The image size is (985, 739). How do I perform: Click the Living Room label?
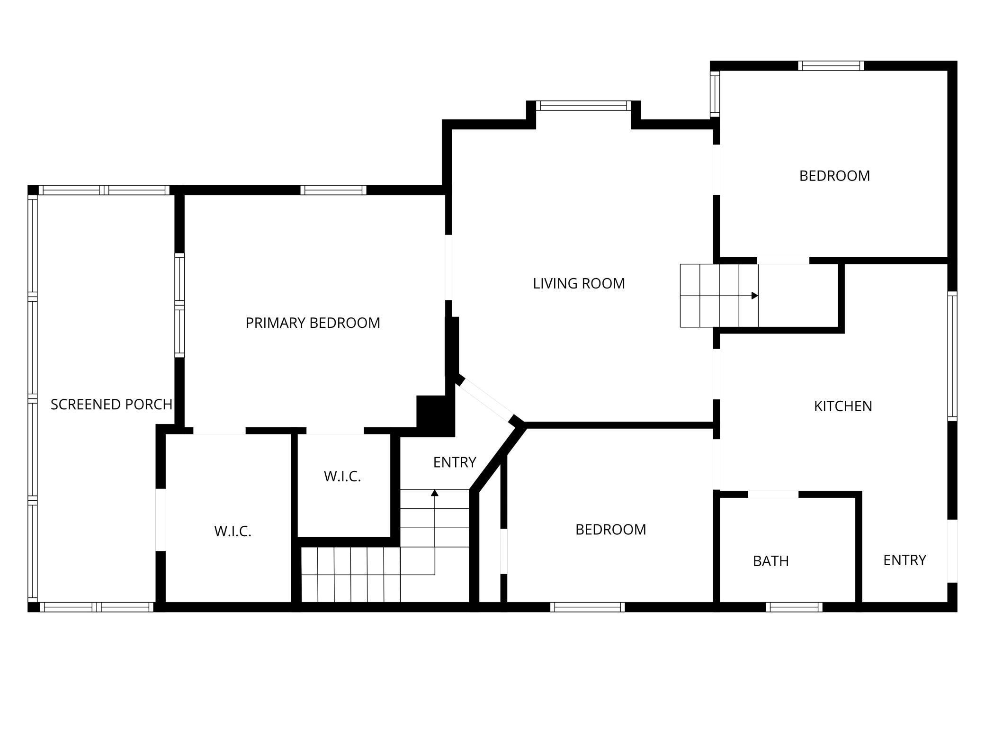click(x=579, y=283)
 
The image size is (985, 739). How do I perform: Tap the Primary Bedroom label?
click(x=313, y=323)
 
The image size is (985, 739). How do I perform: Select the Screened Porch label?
click(x=111, y=404)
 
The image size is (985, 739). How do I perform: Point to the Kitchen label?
click(x=843, y=406)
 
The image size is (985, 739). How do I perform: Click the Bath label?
click(x=771, y=561)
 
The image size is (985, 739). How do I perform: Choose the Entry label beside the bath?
click(x=904, y=560)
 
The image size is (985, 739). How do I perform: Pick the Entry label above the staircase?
click(x=455, y=462)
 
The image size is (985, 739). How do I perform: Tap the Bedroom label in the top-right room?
click(x=834, y=176)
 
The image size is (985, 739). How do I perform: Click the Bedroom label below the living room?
click(x=610, y=529)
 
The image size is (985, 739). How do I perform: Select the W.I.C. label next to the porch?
click(x=233, y=531)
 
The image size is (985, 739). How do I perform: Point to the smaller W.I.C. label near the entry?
click(x=342, y=476)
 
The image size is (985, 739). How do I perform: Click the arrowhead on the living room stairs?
click(x=755, y=296)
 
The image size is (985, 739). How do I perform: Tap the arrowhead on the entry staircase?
click(x=435, y=493)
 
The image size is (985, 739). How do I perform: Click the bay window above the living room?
click(x=583, y=106)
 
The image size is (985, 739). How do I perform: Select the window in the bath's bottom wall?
click(x=794, y=607)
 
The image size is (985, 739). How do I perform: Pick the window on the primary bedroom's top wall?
click(x=333, y=190)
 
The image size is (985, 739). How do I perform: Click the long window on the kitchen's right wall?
click(x=952, y=356)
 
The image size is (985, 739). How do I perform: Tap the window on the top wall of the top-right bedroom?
click(x=831, y=66)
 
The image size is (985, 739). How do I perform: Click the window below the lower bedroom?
click(x=587, y=607)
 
